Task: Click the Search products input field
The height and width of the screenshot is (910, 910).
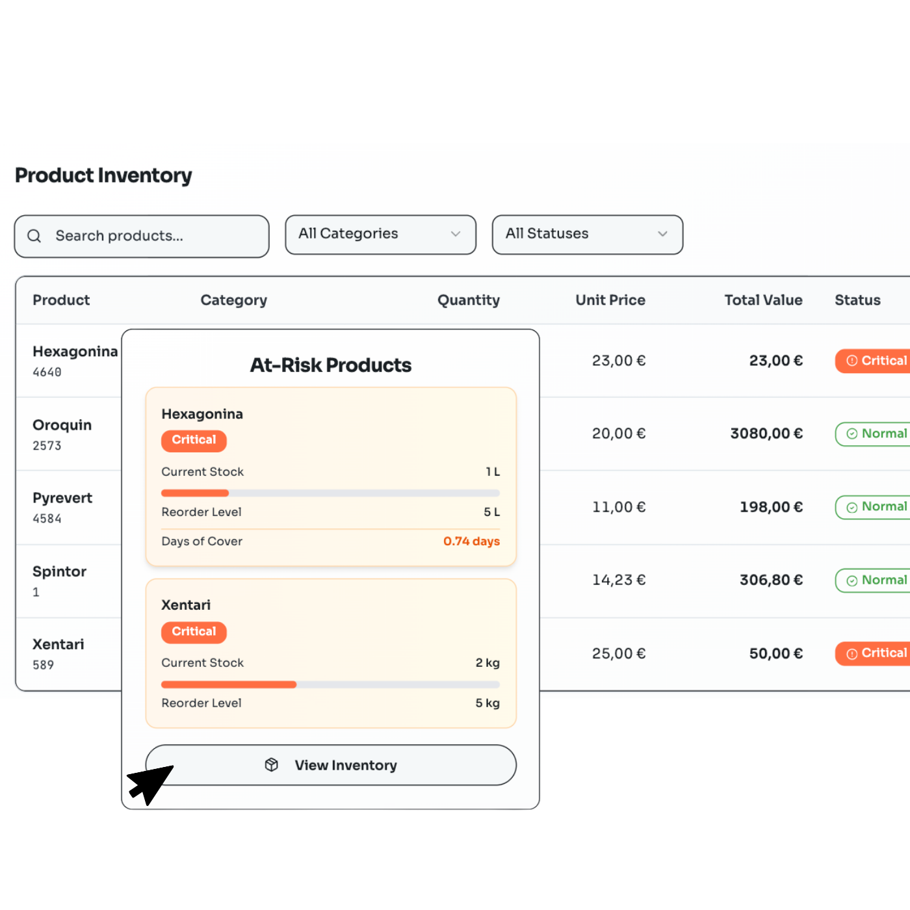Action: point(149,236)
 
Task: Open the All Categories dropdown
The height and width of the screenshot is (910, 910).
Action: point(380,234)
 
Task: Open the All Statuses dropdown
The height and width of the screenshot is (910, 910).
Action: point(587,234)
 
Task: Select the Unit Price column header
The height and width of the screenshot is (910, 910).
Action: point(610,300)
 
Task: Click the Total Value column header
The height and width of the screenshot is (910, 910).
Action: point(763,300)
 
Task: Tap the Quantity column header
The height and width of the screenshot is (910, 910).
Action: point(468,300)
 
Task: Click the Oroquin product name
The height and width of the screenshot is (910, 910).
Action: point(62,425)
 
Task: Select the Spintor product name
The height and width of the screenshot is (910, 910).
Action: point(60,571)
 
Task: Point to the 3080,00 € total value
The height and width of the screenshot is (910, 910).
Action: point(766,434)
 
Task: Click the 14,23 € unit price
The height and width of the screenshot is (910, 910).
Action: point(618,580)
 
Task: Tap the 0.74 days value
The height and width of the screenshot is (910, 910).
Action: point(471,541)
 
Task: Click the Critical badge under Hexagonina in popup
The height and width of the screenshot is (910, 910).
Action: point(194,440)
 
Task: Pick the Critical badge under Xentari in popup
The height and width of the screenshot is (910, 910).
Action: point(194,632)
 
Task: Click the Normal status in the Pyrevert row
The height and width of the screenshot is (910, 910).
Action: point(876,507)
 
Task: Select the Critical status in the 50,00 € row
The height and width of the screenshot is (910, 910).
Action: point(876,653)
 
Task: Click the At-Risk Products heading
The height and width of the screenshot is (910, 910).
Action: point(331,365)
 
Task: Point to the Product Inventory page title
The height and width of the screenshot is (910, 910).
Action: point(104,175)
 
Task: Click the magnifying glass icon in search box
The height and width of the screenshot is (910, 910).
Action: point(34,236)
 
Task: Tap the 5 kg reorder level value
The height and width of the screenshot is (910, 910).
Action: point(487,703)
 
